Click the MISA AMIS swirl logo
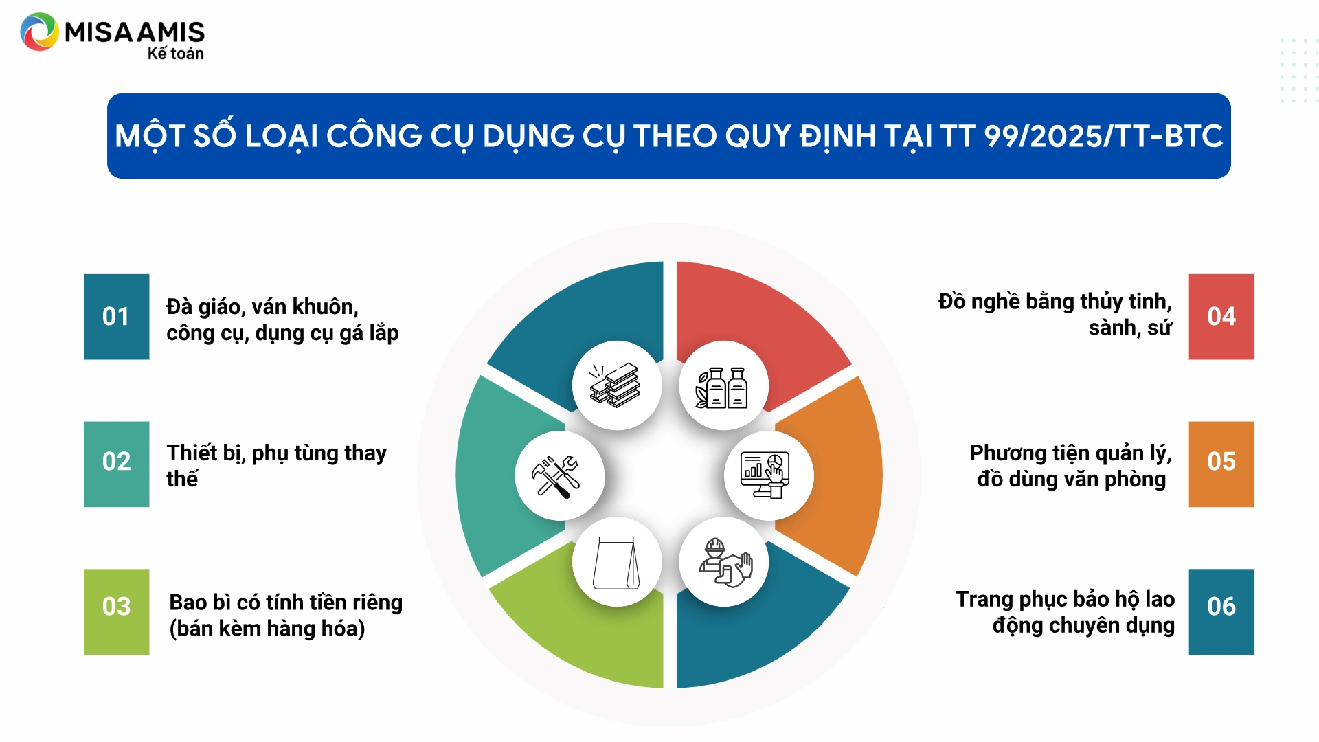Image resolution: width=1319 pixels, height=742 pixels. (x=39, y=32)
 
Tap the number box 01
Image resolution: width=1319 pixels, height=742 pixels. (x=116, y=317)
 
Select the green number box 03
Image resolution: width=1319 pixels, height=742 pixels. (x=116, y=611)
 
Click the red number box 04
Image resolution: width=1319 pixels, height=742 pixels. (x=1221, y=317)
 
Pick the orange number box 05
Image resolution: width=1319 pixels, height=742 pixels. (x=1221, y=464)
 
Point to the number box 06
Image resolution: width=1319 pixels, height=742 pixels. (x=1221, y=611)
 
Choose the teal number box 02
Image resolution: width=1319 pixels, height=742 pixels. (x=116, y=464)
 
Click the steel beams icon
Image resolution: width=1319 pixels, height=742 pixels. (x=616, y=385)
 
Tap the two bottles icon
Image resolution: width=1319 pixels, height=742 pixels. (x=722, y=387)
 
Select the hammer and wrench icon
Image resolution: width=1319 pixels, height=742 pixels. (x=556, y=477)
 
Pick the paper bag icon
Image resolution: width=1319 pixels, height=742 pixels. (x=616, y=563)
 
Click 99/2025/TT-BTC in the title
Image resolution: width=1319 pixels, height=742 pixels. (x=1103, y=136)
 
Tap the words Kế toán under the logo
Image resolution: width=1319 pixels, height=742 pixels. (x=176, y=54)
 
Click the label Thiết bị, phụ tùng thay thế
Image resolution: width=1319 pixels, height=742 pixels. (x=276, y=466)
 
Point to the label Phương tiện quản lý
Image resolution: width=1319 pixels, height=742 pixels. (x=1070, y=453)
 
